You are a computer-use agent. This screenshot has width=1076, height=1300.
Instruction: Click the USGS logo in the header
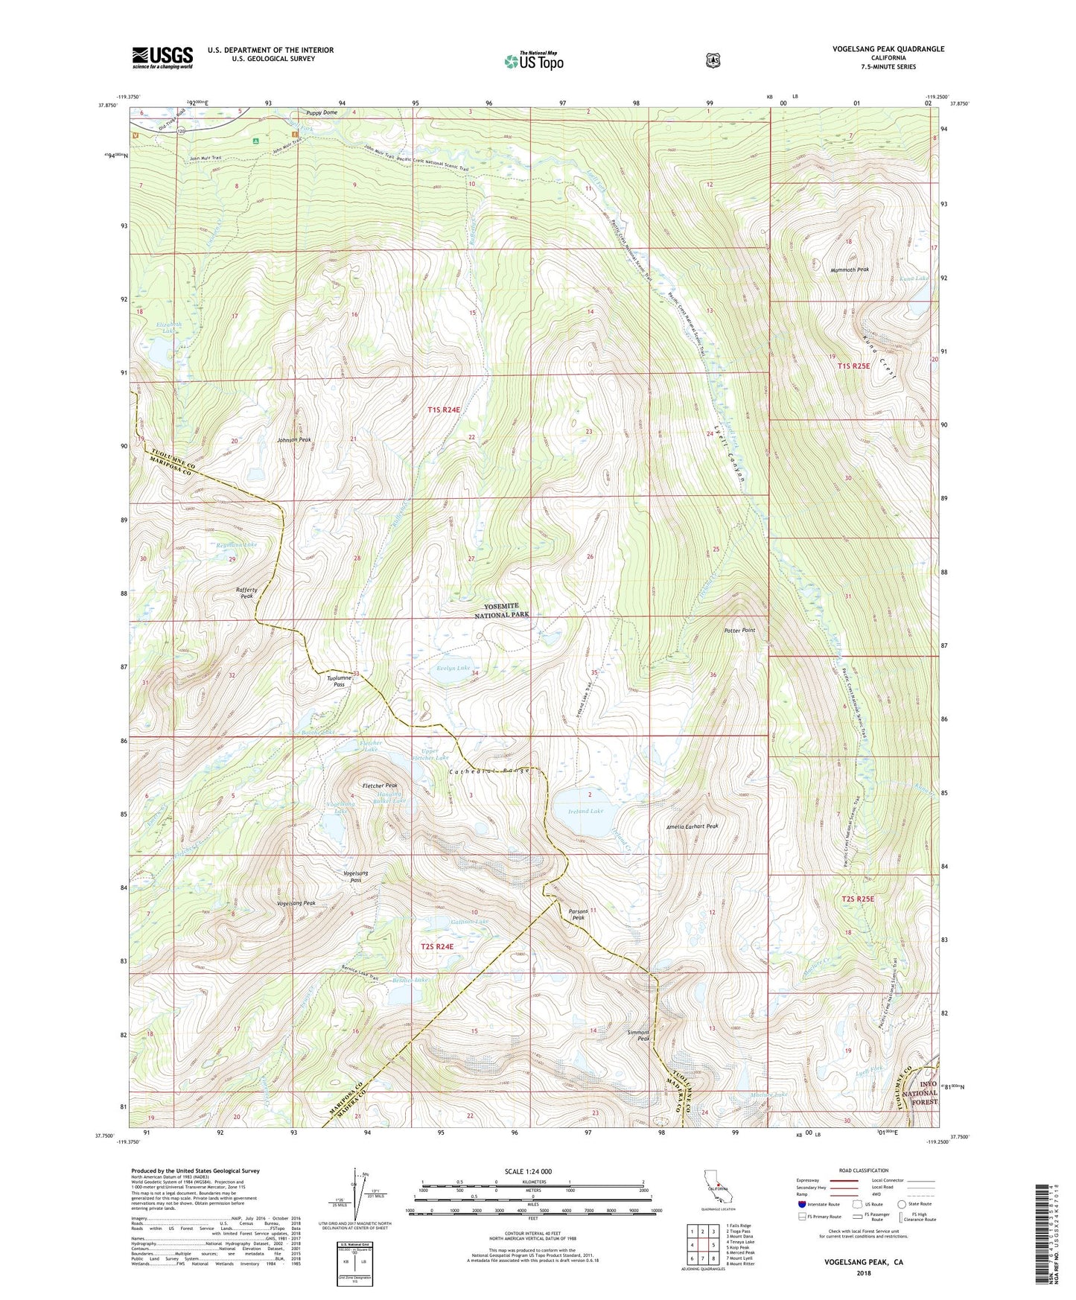click(x=162, y=57)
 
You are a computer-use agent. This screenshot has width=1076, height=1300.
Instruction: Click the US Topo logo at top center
click(x=533, y=61)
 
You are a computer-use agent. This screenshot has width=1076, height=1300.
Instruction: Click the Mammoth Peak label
click(x=850, y=270)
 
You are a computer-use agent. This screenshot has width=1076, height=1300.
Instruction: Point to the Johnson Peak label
click(x=295, y=440)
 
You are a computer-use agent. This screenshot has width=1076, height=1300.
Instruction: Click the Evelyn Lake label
click(x=453, y=669)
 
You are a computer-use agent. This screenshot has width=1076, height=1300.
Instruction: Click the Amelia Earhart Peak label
click(x=692, y=826)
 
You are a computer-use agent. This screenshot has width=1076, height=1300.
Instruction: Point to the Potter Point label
click(x=739, y=631)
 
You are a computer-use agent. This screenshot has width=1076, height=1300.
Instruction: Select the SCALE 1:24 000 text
click(x=528, y=1171)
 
